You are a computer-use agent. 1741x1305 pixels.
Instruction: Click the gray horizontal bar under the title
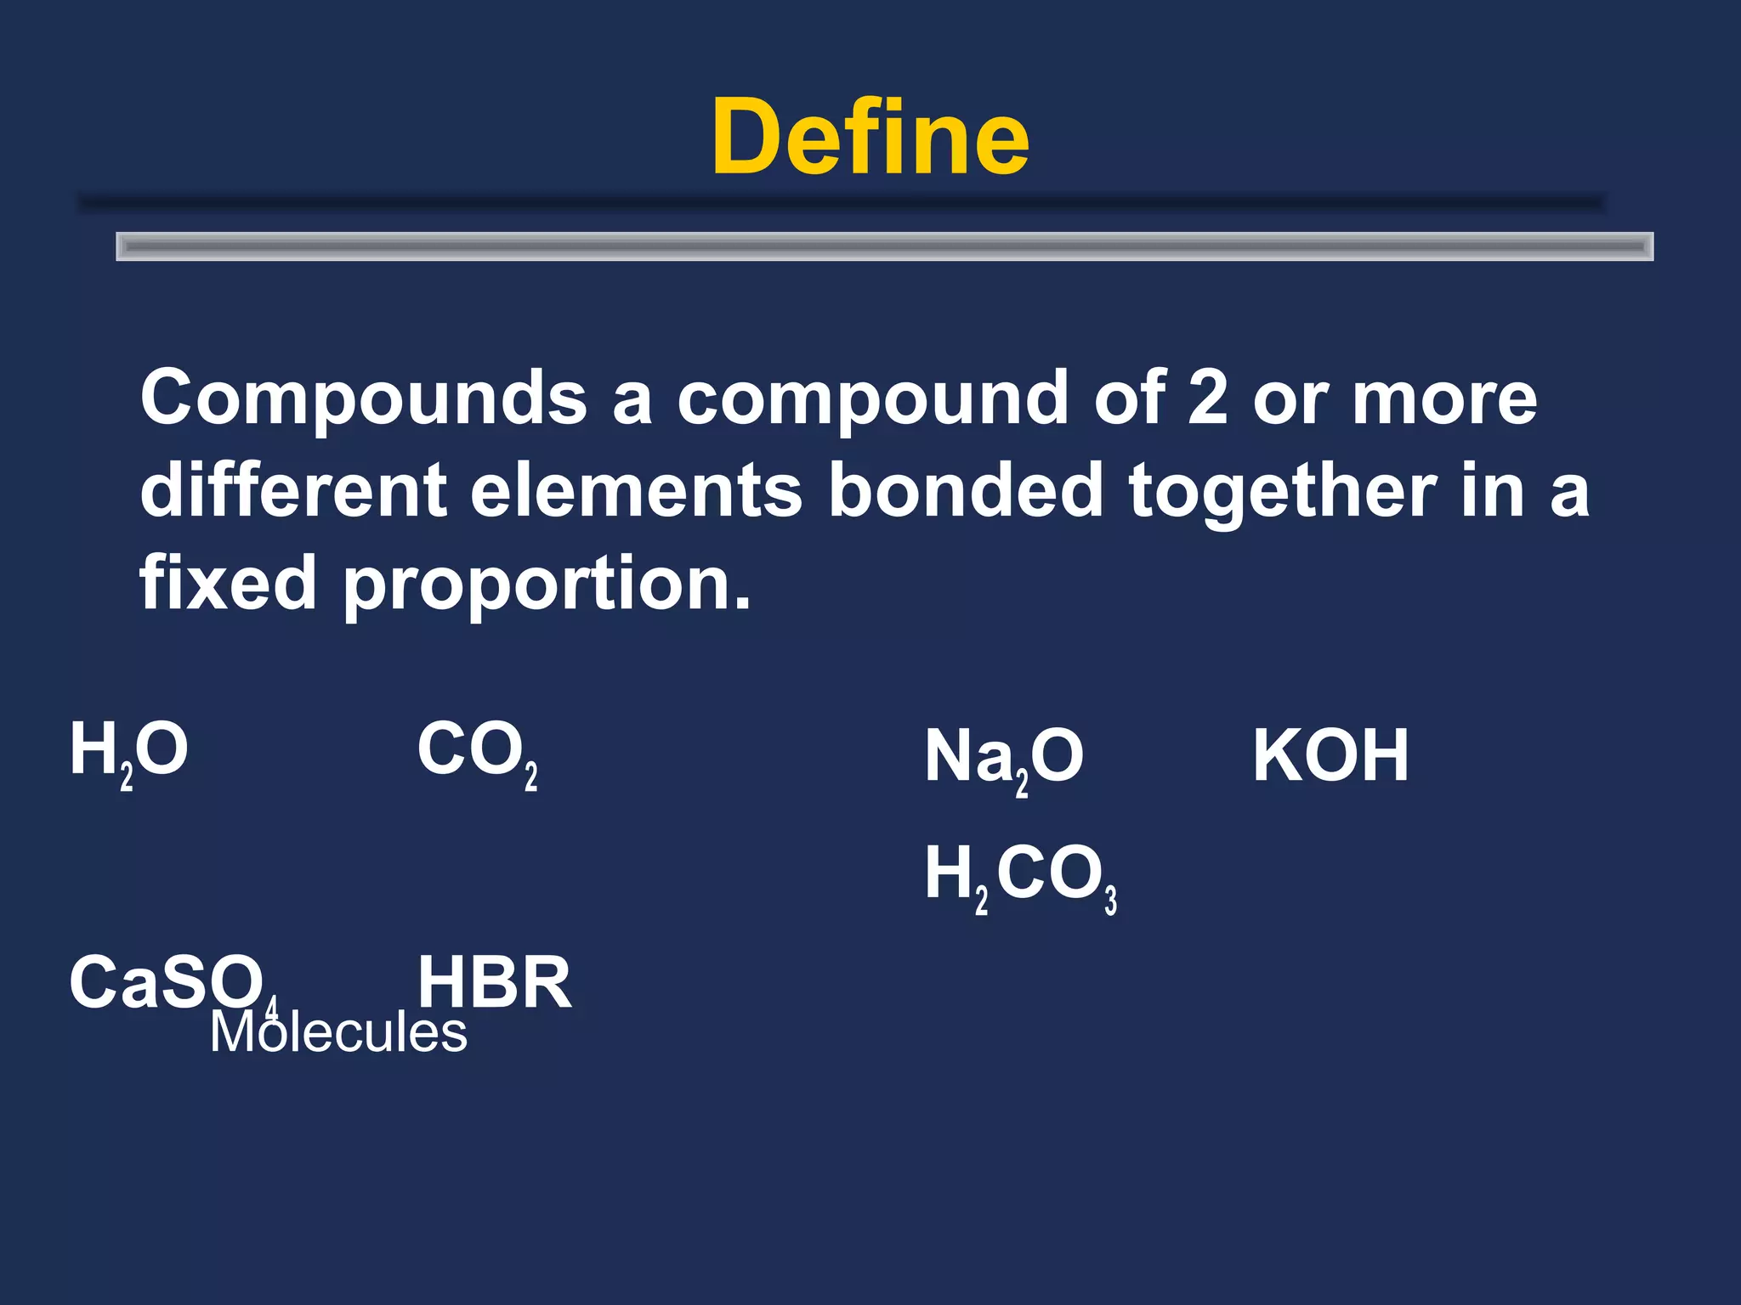[884, 246]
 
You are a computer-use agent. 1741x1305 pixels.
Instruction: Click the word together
[1282, 493]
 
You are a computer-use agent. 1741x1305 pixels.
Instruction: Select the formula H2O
[128, 751]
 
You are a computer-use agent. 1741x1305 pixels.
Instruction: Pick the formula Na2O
[1003, 758]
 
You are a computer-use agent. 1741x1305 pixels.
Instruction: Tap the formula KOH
[1330, 755]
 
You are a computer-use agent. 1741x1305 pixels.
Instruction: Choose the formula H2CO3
[1019, 875]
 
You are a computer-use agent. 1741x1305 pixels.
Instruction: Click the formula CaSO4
[170, 983]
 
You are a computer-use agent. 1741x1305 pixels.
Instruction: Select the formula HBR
[494, 983]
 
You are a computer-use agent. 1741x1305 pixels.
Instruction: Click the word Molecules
[338, 1033]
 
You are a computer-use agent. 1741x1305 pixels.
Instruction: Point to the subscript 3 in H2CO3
[1110, 900]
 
